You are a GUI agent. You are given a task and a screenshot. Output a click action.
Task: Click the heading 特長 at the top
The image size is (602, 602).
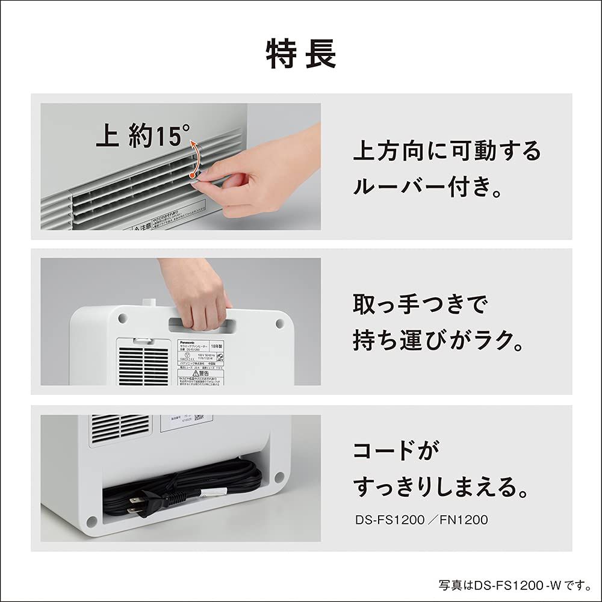(x=301, y=55)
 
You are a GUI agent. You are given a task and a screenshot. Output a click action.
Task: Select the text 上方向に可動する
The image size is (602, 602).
(x=447, y=150)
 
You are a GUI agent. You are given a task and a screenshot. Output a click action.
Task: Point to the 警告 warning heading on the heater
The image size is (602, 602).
(x=200, y=373)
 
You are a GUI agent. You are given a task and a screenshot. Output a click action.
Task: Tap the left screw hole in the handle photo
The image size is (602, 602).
(x=122, y=317)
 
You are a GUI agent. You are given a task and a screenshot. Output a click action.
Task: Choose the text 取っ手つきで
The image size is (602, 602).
(x=419, y=305)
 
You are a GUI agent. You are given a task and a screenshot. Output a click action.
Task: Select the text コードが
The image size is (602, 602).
(x=396, y=450)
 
